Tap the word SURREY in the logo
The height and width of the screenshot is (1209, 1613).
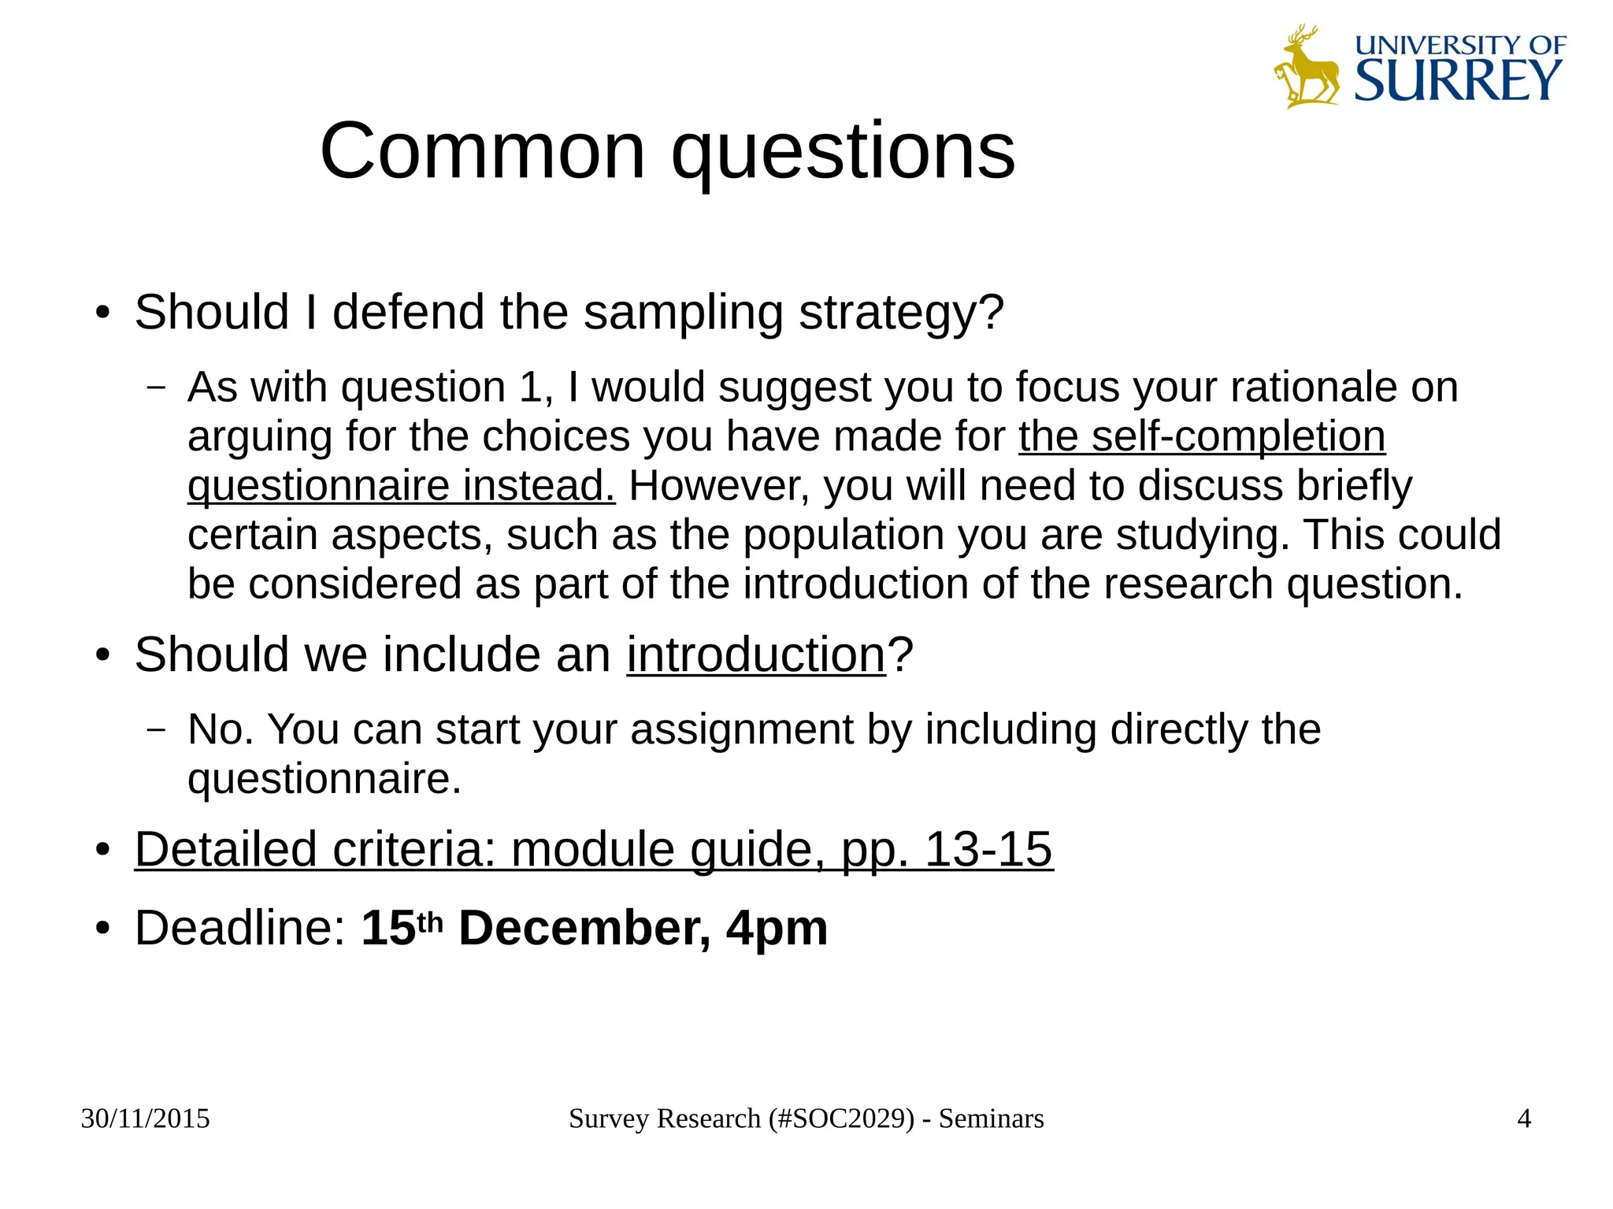tap(1458, 80)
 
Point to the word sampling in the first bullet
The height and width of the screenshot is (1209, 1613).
tap(683, 312)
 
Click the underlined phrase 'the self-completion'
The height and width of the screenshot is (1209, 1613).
tap(1202, 436)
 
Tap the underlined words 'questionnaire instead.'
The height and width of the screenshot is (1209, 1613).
tap(401, 486)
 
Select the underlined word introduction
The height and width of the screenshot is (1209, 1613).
tap(756, 655)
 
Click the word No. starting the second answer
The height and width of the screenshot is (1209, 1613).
tap(221, 729)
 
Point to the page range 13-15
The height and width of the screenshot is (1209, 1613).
tap(988, 849)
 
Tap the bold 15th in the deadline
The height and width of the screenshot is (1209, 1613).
tap(402, 927)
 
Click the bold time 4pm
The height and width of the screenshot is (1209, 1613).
tap(777, 929)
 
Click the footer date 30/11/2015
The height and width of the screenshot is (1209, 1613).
tap(146, 1118)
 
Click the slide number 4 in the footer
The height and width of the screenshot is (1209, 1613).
tap(1523, 1118)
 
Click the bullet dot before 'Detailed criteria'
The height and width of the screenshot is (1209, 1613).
tap(102, 851)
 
